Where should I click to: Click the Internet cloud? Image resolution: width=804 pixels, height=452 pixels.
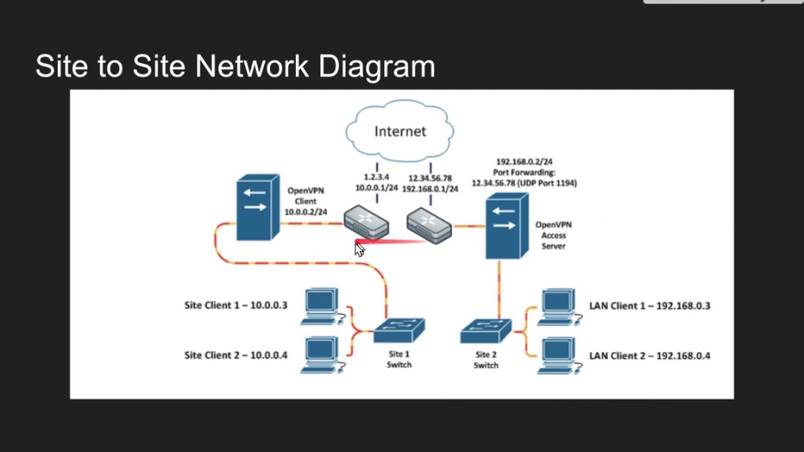click(x=400, y=131)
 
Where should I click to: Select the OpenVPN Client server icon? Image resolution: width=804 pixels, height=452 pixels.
click(x=257, y=208)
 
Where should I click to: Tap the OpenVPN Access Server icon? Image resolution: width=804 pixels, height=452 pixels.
click(x=506, y=227)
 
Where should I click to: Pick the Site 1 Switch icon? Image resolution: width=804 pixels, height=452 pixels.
click(x=399, y=330)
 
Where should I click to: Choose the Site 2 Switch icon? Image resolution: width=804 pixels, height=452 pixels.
click(x=486, y=331)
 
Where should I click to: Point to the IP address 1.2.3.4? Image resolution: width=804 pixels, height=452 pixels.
click(x=376, y=177)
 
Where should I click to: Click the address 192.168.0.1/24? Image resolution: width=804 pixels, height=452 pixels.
click(x=430, y=188)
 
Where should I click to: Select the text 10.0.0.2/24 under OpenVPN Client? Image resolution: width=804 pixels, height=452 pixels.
click(x=306, y=212)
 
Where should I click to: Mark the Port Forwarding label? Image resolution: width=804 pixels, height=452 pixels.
click(x=524, y=172)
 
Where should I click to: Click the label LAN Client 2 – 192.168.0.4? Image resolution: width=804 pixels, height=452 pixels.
click(x=649, y=356)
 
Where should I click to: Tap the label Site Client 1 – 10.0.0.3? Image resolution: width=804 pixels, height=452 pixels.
click(x=236, y=306)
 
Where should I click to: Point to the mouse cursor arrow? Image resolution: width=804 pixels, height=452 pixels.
click(x=359, y=249)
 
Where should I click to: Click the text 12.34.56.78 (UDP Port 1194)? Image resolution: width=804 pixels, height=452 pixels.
click(x=524, y=183)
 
